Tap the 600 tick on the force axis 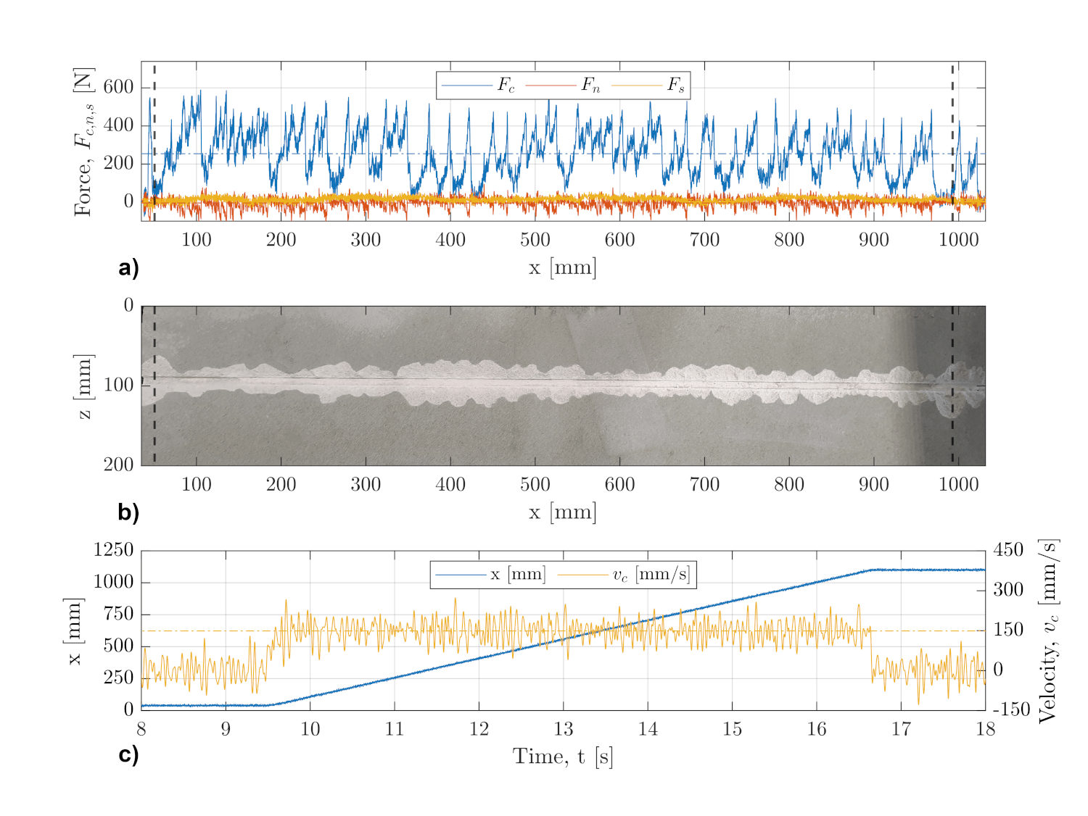coord(118,87)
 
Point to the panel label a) coord(128,268)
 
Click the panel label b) coord(128,512)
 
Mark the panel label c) coord(128,754)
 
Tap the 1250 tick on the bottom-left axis coord(113,550)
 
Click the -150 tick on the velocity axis coord(1010,709)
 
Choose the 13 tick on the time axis coord(564,729)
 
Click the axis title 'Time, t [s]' coord(563,757)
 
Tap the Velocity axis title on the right coord(1047,630)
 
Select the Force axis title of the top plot coord(84,141)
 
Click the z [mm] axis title coord(84,386)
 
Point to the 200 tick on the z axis coord(118,465)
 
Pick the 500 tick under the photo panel coord(535,484)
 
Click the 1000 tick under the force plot coord(959,240)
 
